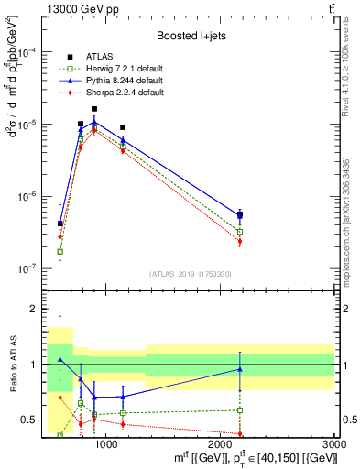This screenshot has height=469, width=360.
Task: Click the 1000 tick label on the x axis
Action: tap(106, 443)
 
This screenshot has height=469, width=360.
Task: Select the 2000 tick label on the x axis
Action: tap(221, 443)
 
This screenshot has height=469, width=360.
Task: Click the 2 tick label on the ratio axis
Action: tap(34, 310)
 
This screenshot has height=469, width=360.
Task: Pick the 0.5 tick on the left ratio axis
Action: tap(29, 420)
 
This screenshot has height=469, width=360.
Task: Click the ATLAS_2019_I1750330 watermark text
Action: tap(191, 274)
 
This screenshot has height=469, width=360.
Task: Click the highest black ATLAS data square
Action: tap(94, 109)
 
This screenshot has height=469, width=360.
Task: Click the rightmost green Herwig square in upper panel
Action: tap(240, 232)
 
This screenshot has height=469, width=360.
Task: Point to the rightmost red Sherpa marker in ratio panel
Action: tap(240, 434)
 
